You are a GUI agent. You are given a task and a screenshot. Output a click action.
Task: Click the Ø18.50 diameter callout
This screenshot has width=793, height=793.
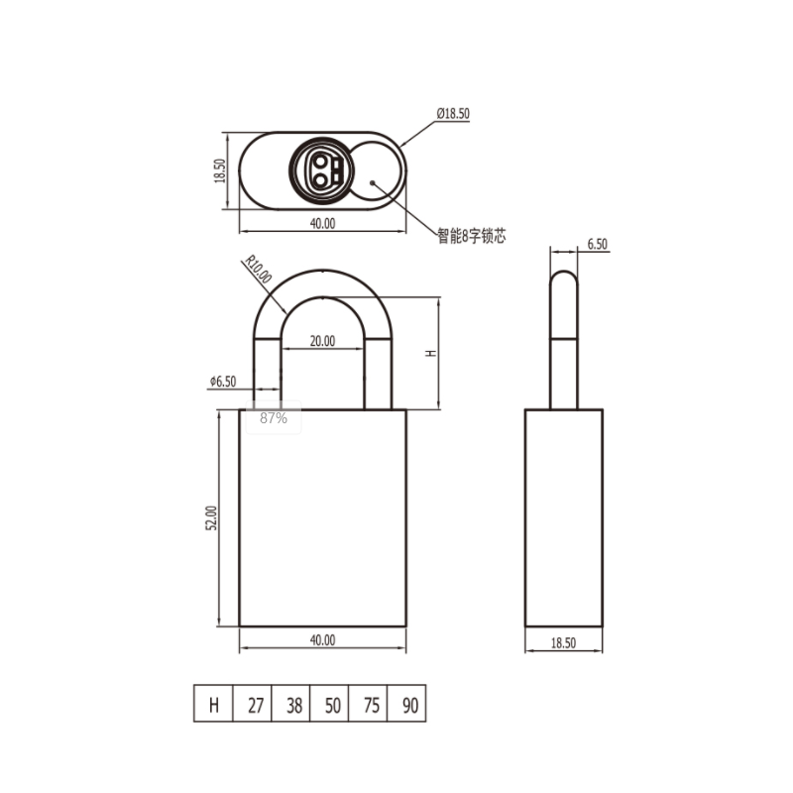point(453,113)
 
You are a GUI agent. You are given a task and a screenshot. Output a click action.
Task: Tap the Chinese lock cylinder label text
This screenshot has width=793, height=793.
point(472,236)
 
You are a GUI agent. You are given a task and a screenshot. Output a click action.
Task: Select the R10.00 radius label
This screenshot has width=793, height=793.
point(259,269)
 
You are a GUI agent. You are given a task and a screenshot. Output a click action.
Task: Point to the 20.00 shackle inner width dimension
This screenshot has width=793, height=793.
point(322,341)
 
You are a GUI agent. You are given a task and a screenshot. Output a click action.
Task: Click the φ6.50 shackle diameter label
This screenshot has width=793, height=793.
point(223,382)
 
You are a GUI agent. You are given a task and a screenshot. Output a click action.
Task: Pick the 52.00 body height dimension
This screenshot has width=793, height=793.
point(211,517)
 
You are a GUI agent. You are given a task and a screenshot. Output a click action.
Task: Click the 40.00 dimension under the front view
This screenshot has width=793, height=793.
point(322,640)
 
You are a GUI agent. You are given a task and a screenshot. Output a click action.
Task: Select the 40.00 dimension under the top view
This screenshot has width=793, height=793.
point(322,223)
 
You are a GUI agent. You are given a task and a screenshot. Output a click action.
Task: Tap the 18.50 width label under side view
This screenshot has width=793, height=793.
point(563,642)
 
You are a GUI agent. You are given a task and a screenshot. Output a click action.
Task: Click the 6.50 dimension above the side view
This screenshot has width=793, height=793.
point(598,244)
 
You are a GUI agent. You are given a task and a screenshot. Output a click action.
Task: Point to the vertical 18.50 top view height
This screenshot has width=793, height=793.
point(219,170)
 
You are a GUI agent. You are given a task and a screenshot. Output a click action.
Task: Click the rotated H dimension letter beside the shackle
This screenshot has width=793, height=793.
point(431,353)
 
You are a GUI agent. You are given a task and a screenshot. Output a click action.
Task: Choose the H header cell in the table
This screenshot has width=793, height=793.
point(213,704)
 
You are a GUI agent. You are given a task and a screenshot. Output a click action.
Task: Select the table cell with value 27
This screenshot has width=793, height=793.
point(253,704)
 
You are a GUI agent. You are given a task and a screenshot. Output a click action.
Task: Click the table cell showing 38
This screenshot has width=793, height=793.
point(290,704)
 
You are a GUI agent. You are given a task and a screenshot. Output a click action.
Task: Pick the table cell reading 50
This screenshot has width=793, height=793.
point(329,704)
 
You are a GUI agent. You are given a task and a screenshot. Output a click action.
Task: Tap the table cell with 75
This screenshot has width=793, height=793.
point(368,704)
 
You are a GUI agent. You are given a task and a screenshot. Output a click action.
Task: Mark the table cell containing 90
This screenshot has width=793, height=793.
point(406,704)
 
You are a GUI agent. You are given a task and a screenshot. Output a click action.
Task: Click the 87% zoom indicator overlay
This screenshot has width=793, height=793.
point(274,417)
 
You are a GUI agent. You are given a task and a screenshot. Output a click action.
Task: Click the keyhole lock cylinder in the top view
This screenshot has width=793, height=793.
point(321,170)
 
